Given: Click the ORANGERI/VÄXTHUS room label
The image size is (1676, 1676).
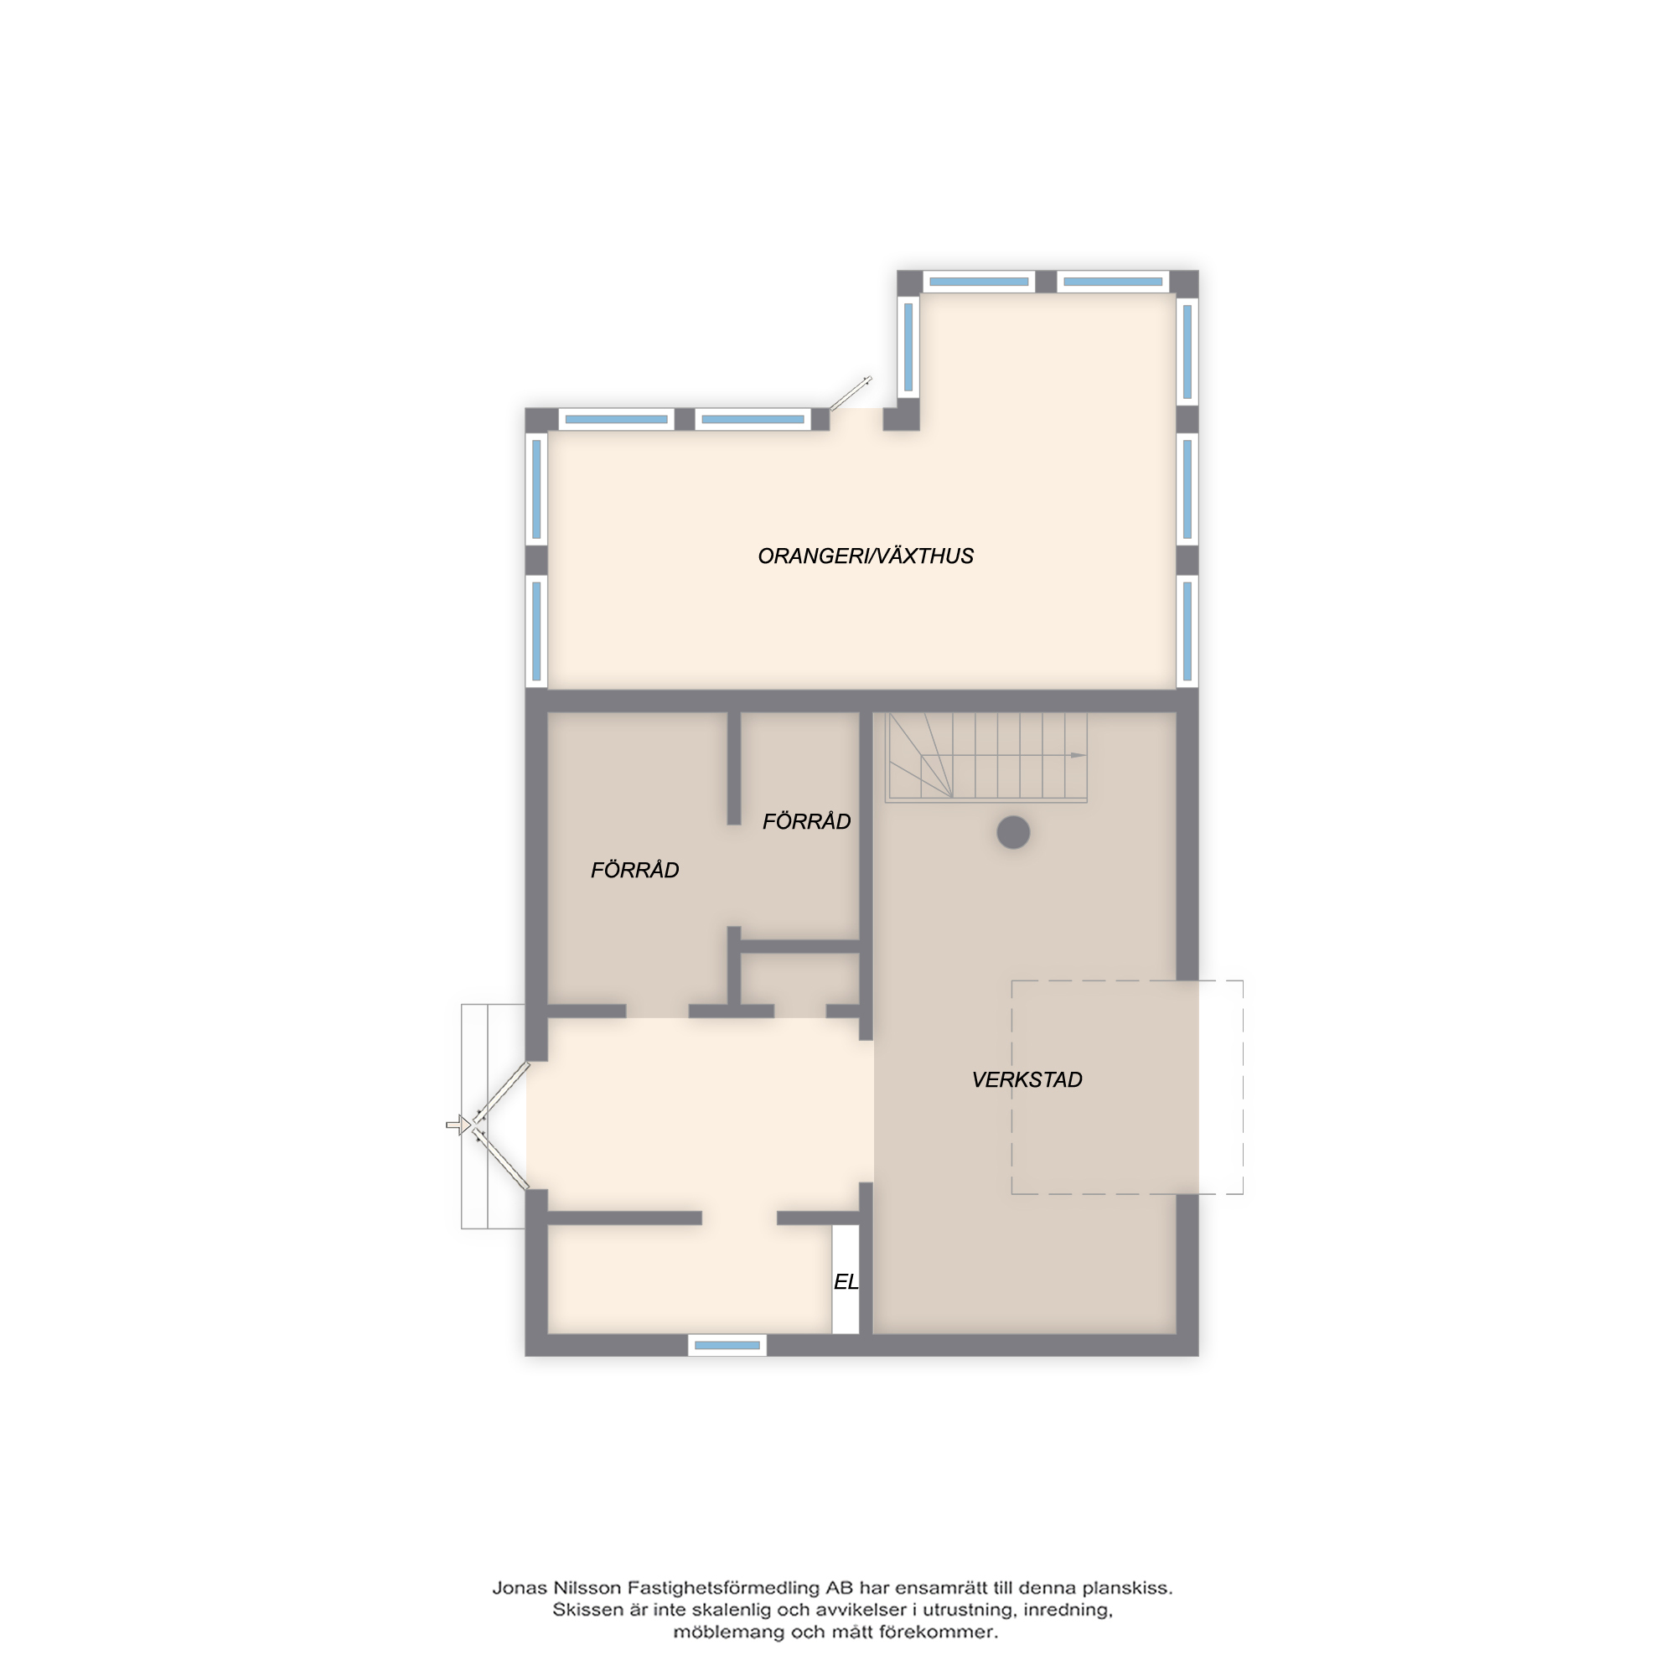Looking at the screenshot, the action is coord(866,556).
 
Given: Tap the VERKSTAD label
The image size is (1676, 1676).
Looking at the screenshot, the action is coord(1027,1080).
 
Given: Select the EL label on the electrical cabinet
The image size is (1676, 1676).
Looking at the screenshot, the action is coord(846,1282).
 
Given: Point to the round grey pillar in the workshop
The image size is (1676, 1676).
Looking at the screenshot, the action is coord(1013,833).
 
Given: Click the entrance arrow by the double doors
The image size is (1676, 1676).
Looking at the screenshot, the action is coord(458,1125).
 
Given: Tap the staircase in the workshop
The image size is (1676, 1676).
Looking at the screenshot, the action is coord(985,757).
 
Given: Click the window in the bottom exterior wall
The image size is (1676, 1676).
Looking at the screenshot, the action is coord(727,1346).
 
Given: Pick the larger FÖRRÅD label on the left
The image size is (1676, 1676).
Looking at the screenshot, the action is coord(635,870).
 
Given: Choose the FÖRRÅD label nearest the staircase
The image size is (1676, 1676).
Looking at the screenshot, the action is coord(807,821).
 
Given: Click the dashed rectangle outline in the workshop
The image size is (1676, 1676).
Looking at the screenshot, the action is coord(1127,981).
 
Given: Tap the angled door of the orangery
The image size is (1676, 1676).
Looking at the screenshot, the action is coord(850,394).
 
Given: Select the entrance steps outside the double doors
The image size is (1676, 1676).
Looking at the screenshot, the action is coord(493,1116).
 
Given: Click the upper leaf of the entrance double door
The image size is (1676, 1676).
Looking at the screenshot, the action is coord(500,1093).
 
